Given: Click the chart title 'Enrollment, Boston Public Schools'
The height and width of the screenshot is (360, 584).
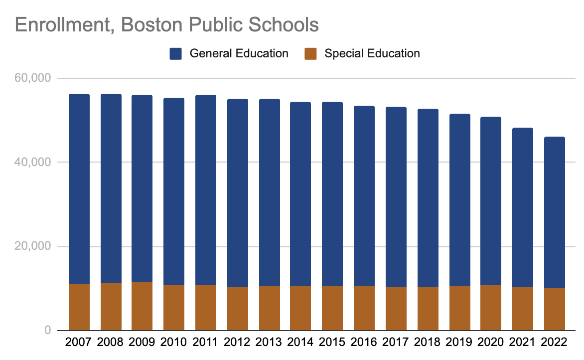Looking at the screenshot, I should (x=166, y=24).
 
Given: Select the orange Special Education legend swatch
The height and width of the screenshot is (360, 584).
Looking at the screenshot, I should (x=310, y=54).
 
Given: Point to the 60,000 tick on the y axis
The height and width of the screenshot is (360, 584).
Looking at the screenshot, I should (x=33, y=78).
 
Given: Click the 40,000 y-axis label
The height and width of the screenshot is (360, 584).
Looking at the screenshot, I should (x=33, y=163).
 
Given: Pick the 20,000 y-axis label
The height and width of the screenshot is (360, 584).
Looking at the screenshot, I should (x=33, y=247).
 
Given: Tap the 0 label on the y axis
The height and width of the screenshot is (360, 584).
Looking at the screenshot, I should (x=48, y=331).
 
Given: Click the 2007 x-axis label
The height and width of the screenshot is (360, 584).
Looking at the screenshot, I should (x=79, y=343).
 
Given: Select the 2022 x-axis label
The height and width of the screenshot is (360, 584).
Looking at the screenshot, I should (x=554, y=343).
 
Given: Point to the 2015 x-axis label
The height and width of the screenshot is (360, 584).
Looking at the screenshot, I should (x=332, y=343).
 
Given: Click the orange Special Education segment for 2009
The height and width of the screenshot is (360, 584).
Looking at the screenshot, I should (x=142, y=306).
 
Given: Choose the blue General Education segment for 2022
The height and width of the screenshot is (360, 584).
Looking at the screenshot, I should (x=554, y=212).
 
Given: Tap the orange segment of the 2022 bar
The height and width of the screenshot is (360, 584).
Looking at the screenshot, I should (x=554, y=309).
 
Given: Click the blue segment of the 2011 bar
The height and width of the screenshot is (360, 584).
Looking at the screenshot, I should (x=205, y=189).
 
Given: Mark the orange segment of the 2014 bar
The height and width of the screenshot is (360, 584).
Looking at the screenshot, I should (x=300, y=308).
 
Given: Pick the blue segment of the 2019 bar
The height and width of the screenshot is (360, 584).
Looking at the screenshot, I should (x=459, y=199).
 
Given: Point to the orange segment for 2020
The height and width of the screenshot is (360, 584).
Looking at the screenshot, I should (x=491, y=308).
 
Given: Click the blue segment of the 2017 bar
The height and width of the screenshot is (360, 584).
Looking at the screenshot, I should (x=396, y=196).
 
